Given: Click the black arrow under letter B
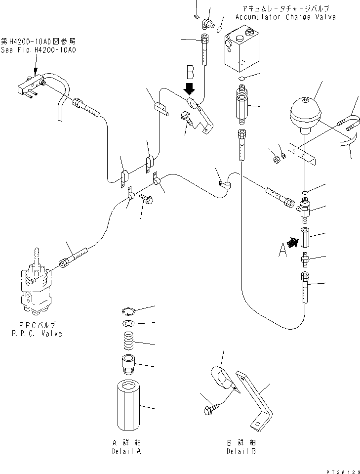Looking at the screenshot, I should coord(189,89).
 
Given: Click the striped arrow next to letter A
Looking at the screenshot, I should coord(292,242).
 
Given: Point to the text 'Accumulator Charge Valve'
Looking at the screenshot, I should coord(285,17).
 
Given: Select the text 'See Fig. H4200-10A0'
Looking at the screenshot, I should coord(39,50).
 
